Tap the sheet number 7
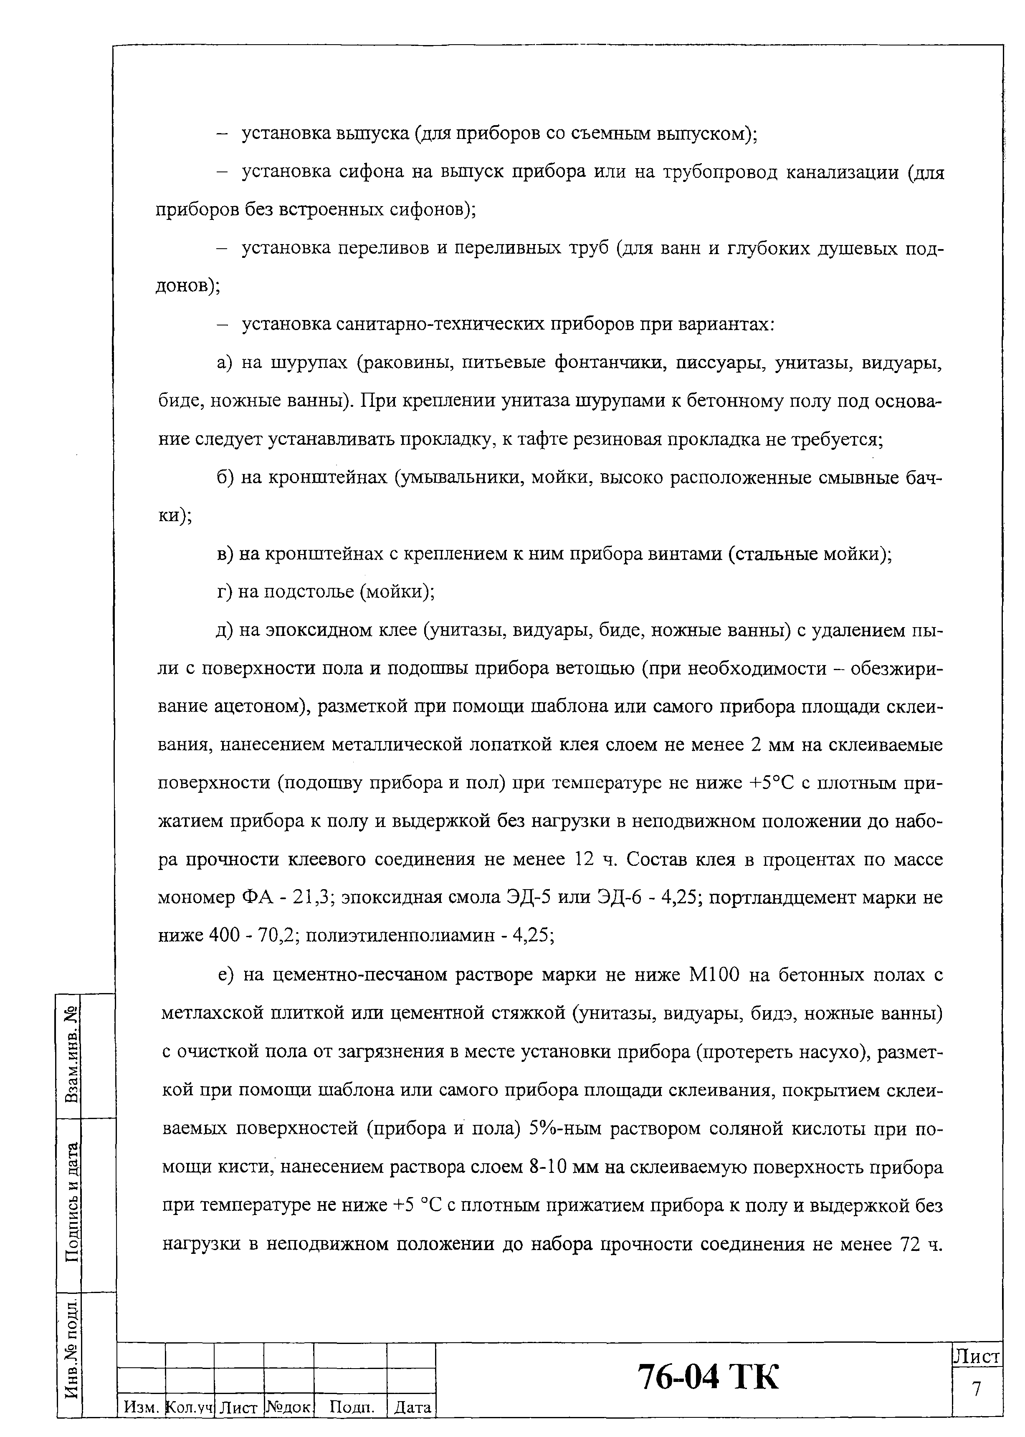point(977,1388)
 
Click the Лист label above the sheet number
point(977,1356)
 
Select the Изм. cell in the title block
point(140,1406)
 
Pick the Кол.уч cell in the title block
point(190,1406)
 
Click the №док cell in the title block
point(289,1406)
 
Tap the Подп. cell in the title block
point(349,1406)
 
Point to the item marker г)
point(225,592)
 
